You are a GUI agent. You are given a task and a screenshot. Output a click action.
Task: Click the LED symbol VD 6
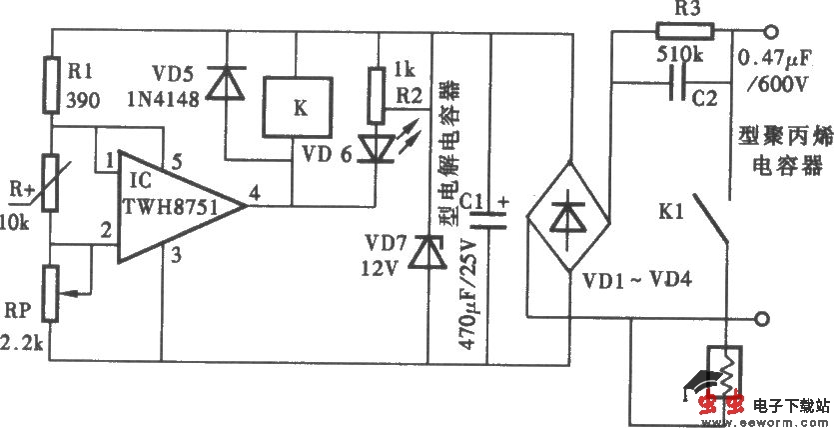click(377, 147)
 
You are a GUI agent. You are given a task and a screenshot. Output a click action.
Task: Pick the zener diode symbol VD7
click(429, 247)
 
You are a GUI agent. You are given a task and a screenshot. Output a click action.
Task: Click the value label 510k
click(682, 57)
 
